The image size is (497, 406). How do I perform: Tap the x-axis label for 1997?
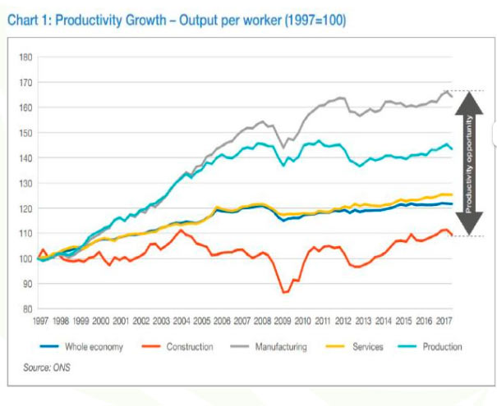pos(41,322)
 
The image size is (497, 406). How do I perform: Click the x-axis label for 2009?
pos(283,322)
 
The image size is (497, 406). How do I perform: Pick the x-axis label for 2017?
pos(444,322)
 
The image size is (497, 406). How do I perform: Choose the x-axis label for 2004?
pos(182,322)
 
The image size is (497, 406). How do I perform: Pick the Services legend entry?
pos(366,347)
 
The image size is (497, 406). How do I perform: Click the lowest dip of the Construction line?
pos(284,292)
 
